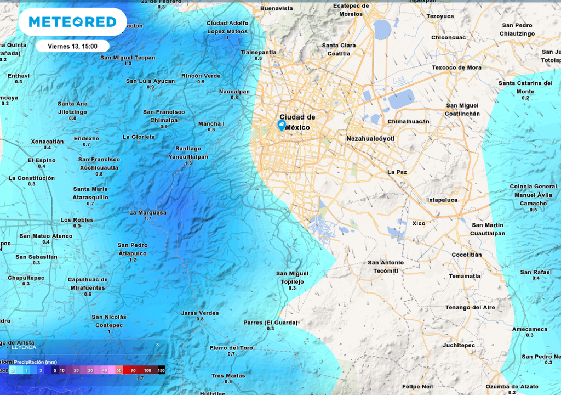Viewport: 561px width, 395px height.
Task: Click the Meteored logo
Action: (x=72, y=22)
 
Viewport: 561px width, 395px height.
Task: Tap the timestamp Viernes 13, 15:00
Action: (x=72, y=46)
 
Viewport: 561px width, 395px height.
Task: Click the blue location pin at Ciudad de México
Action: (x=282, y=126)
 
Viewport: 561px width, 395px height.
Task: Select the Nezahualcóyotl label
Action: (x=370, y=139)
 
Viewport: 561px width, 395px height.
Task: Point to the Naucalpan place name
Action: (x=234, y=92)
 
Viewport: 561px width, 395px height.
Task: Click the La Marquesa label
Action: (x=147, y=212)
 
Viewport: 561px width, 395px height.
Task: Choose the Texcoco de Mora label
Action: (x=456, y=67)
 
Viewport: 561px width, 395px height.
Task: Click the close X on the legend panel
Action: (x=157, y=345)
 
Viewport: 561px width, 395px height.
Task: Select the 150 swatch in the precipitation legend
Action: (x=161, y=371)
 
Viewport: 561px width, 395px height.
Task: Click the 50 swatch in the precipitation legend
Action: (x=119, y=371)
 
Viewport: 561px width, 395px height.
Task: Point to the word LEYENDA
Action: (x=24, y=347)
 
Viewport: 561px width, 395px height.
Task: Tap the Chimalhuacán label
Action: (x=408, y=121)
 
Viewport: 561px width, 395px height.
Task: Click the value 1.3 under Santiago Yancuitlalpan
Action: (x=188, y=163)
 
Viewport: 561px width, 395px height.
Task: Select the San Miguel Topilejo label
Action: (x=292, y=277)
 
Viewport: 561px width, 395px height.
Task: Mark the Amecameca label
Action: (x=529, y=329)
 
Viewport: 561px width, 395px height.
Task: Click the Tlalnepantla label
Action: (x=258, y=52)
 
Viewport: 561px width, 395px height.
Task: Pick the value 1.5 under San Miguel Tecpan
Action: (x=128, y=64)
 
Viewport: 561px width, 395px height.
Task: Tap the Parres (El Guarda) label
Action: (x=270, y=323)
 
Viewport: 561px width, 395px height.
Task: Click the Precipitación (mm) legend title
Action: (x=36, y=362)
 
